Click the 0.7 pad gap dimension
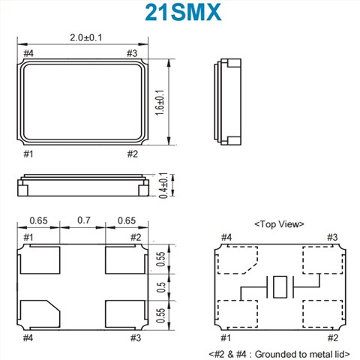82,221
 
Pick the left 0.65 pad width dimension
39,221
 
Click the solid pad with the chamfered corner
40,313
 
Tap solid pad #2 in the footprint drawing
125,261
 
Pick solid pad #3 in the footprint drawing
125,313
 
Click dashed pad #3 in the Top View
321,259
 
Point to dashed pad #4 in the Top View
235,260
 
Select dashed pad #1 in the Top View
235,312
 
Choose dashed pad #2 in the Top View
321,312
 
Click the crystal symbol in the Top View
278,286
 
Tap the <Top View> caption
277,224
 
